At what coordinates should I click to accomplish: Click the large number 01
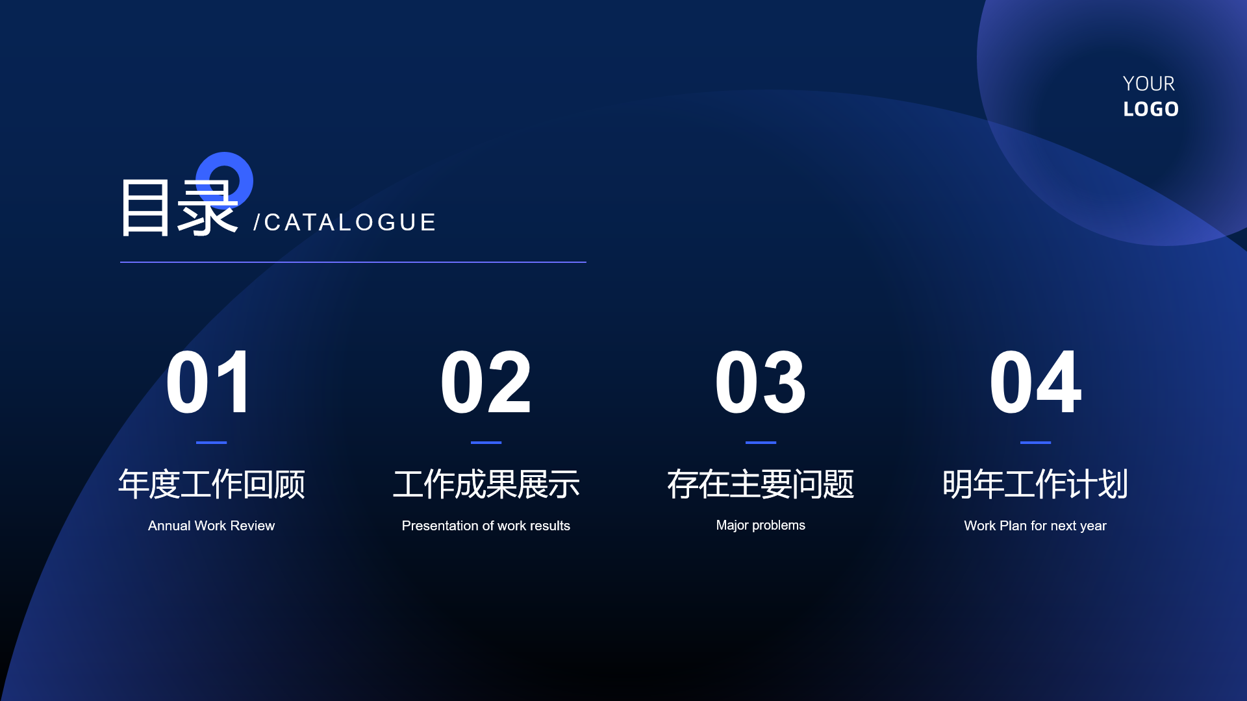coord(208,382)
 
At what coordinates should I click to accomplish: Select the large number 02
coord(486,382)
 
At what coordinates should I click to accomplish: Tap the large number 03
coord(761,382)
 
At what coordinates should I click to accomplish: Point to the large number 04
coord(1035,382)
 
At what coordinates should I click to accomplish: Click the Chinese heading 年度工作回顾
coord(211,484)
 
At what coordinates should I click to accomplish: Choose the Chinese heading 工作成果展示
coord(486,484)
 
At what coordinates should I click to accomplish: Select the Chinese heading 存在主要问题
coord(761,484)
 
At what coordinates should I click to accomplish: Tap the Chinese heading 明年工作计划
coord(1035,484)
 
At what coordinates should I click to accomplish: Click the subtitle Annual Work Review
coord(211,526)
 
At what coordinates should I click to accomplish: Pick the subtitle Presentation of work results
coord(486,526)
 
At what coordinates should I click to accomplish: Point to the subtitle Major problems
coord(761,525)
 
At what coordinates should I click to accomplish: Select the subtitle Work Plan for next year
coord(1035,526)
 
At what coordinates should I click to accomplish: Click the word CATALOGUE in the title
coord(350,223)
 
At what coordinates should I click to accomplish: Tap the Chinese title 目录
coord(179,208)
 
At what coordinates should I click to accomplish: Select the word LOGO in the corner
coord(1151,109)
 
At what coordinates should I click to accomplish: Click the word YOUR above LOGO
coord(1149,84)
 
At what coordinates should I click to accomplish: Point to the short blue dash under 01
coord(211,443)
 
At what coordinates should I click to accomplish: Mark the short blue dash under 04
coord(1035,443)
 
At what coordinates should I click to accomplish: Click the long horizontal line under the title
coord(353,262)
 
